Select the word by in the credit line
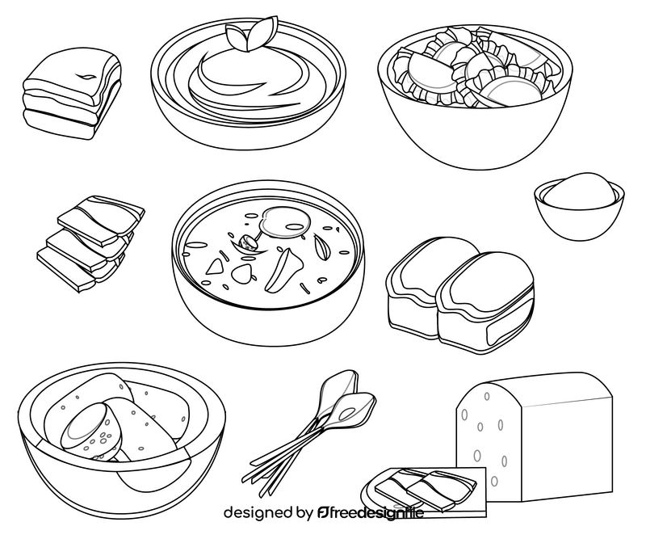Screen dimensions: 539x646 (304, 513)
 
